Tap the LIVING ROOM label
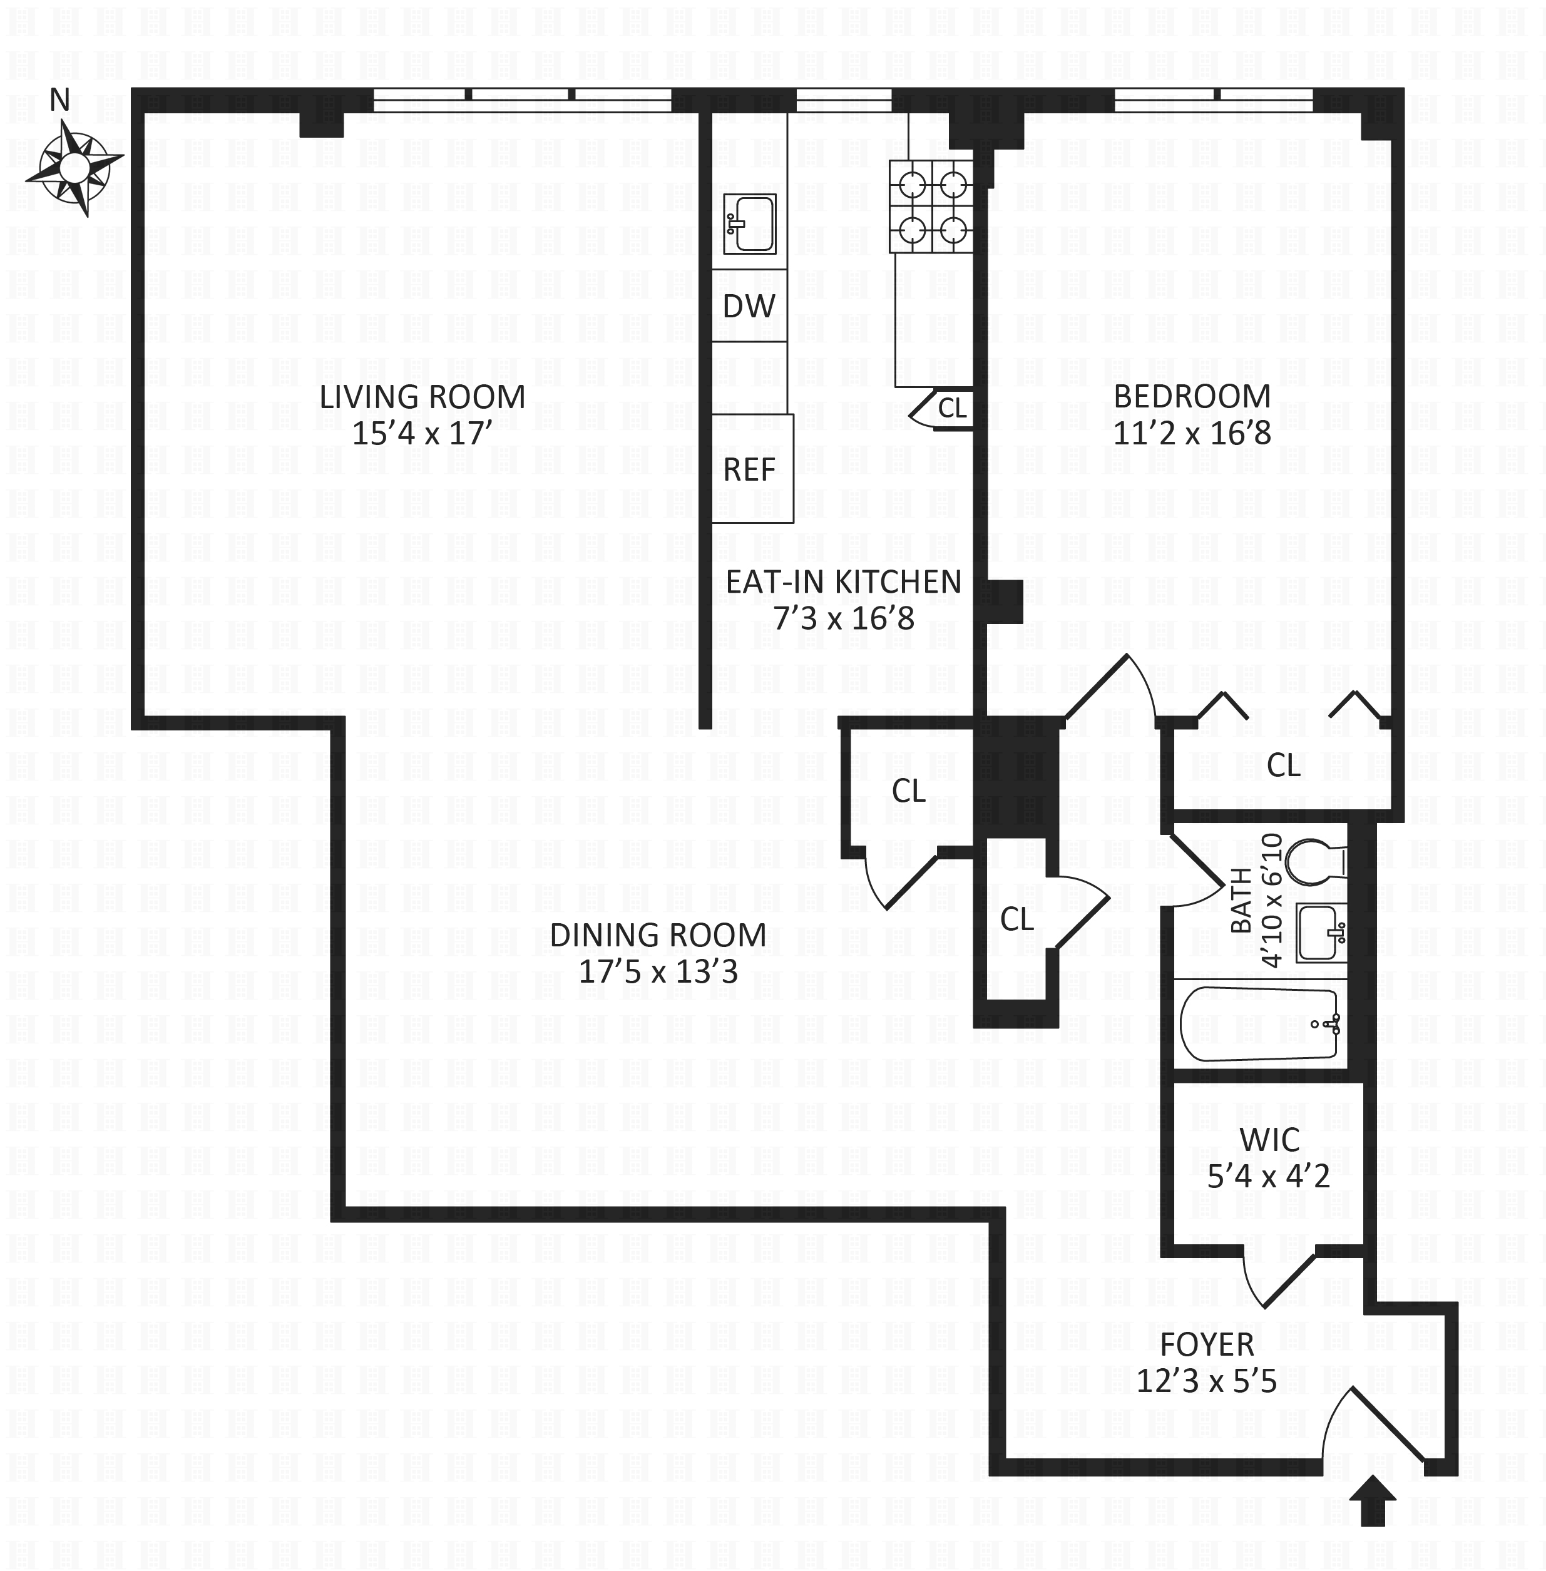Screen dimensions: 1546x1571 [x=422, y=397]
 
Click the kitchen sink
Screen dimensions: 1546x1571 [x=749, y=224]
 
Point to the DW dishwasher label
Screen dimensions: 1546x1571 [x=749, y=306]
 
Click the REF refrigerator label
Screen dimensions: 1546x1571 [x=749, y=469]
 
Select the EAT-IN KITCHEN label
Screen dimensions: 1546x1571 [x=844, y=582]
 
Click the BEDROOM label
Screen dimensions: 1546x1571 [x=1192, y=396]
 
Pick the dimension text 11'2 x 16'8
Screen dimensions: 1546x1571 [x=1192, y=432]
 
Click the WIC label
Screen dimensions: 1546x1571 [x=1269, y=1140]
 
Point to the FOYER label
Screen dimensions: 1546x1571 [x=1207, y=1345]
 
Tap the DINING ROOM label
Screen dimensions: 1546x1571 [x=658, y=935]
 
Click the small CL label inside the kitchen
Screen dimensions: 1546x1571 [x=953, y=407]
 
